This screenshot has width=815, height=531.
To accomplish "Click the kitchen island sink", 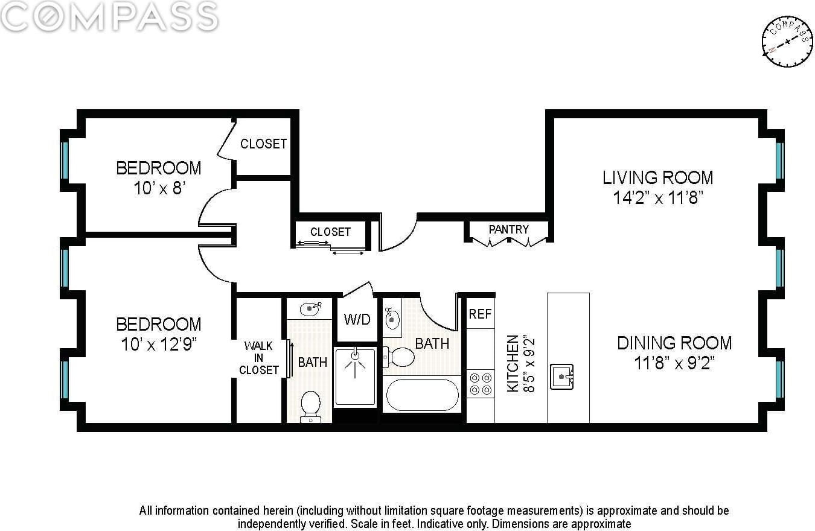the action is pos(561,377).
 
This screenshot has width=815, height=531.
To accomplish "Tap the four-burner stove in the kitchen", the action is pos(481,384).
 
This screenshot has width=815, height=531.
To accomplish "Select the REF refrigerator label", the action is pos(480,314).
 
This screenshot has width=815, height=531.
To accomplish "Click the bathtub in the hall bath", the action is pos(422,395).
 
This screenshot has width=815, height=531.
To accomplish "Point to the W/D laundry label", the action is pos(357,319).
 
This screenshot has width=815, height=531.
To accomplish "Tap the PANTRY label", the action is pos(509,229).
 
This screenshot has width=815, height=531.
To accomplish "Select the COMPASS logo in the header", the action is pos(109,16).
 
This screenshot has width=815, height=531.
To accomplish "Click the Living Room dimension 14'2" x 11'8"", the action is pos(658,198).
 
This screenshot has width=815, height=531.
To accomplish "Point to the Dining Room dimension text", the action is pos(674,363).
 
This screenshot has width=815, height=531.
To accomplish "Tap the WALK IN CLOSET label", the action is pos(259,358).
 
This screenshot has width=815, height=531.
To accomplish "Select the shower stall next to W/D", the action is pos(355,377).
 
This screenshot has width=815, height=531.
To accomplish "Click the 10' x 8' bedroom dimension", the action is pos(160,188).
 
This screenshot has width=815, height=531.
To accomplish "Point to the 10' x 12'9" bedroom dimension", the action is pos(159,345).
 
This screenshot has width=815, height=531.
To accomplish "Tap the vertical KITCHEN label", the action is pos(513,364).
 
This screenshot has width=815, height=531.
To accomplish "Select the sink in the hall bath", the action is pos(392,319).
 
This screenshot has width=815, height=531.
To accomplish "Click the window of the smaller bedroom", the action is pos(65,161).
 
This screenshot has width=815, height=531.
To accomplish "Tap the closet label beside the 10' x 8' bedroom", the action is pos(263,144).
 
